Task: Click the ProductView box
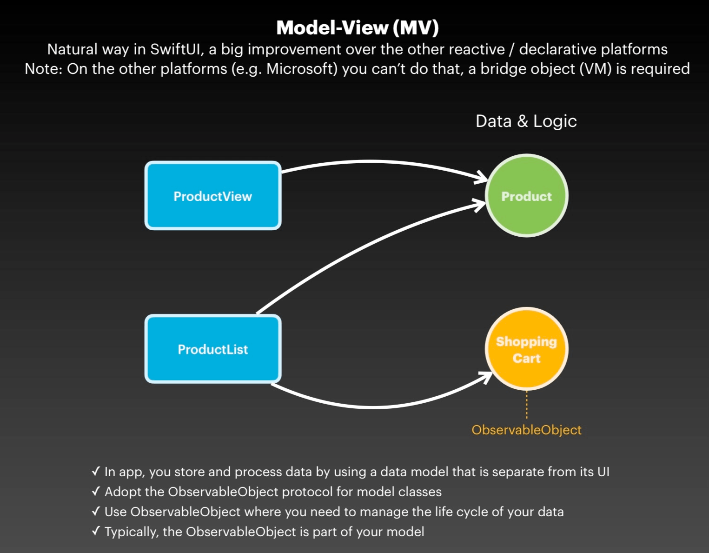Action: tap(213, 196)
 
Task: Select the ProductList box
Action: tap(213, 349)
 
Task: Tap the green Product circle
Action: tap(526, 196)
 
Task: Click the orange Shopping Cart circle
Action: tap(526, 349)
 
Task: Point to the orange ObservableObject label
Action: tap(526, 430)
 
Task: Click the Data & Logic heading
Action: tap(526, 121)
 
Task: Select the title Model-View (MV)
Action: tap(357, 27)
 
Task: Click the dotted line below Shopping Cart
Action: tap(527, 405)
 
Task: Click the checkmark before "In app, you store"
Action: tap(96, 472)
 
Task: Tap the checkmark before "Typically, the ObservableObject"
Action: tap(96, 532)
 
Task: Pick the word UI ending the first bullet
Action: tap(603, 472)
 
